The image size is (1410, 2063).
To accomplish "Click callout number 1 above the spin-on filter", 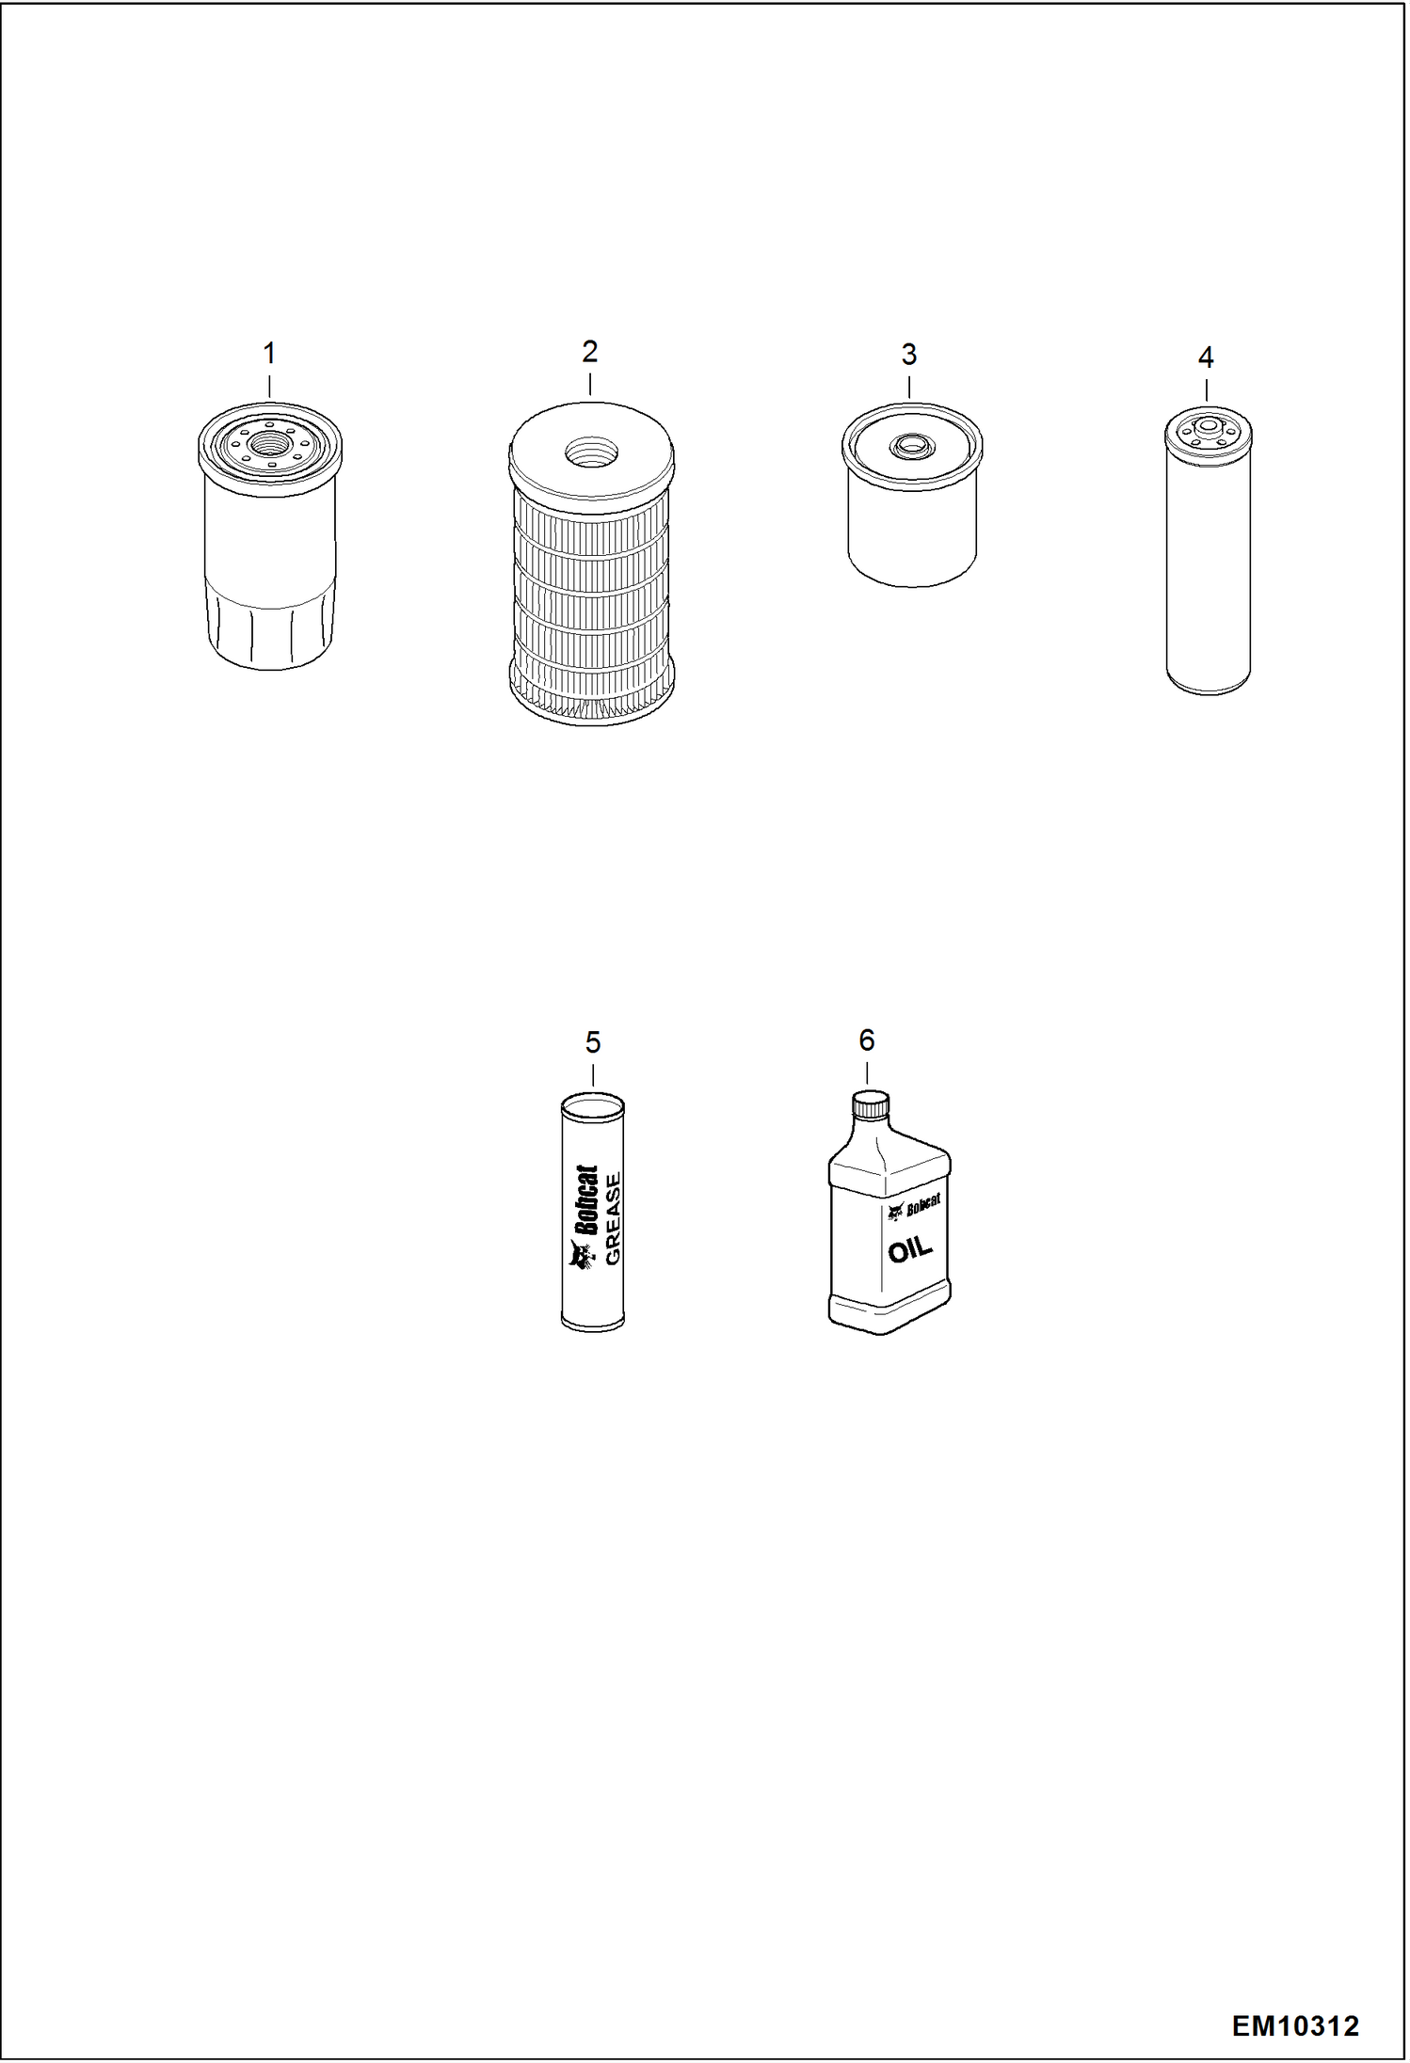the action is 269,355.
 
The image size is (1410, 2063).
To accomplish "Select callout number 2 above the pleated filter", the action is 590,352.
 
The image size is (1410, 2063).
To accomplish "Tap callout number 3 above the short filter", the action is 909,355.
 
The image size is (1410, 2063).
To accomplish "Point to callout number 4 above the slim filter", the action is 1206,357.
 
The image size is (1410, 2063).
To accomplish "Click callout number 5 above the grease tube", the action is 593,1042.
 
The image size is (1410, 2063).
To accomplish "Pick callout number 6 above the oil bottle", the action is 867,1039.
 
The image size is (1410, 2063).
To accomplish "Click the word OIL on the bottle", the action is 909,1250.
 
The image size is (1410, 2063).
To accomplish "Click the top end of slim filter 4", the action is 1209,433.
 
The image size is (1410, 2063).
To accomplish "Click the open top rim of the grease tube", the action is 592,1103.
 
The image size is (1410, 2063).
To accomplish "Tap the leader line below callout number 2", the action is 590,384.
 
